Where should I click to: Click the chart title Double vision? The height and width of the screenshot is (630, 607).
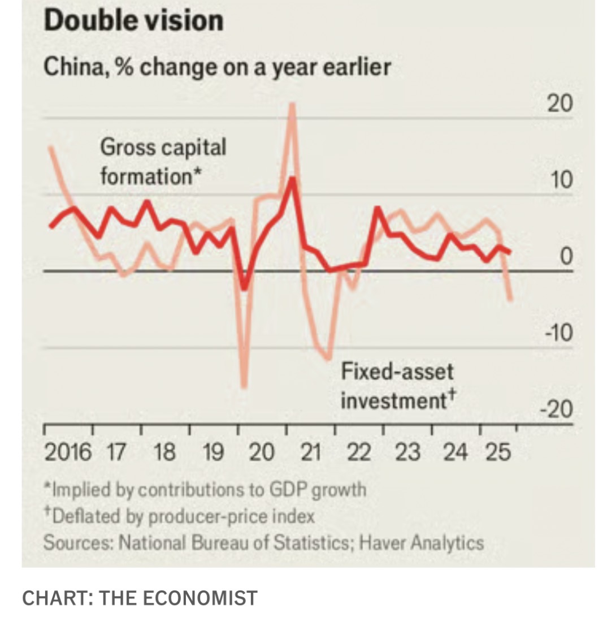133,21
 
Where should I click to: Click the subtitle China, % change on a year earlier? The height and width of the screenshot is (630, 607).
217,68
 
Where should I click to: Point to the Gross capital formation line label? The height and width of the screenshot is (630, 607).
163,162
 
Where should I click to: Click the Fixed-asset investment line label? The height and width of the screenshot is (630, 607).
398,386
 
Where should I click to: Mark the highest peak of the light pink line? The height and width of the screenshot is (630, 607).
292,105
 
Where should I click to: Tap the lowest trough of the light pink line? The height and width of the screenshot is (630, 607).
244,387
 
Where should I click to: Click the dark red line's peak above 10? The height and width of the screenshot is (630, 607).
292,178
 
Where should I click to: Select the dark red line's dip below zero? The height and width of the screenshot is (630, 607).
244,288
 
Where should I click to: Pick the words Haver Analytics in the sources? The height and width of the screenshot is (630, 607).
422,543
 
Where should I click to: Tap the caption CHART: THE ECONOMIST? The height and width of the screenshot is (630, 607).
140,598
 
